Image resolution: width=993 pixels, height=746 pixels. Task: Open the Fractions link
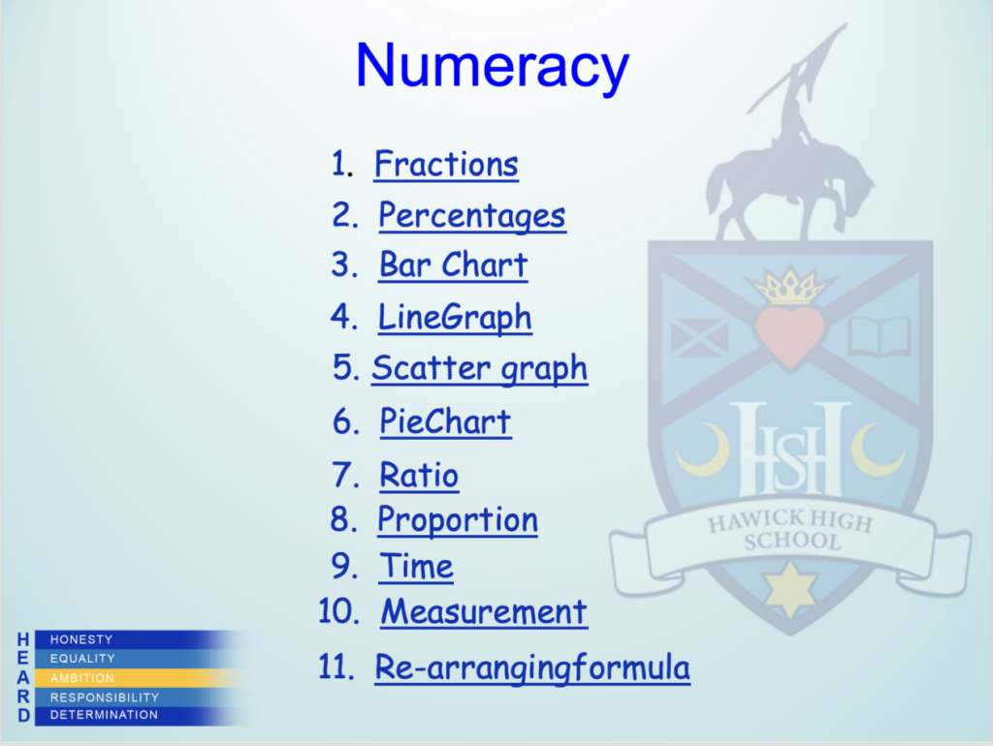coord(446,165)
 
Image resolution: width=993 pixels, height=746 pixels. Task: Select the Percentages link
coord(472,216)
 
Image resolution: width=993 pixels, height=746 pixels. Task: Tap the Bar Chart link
coord(453,264)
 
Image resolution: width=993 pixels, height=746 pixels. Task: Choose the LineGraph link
coord(455,318)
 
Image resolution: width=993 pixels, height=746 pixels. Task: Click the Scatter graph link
coord(479,369)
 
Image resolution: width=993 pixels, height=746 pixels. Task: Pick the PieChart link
coord(445,420)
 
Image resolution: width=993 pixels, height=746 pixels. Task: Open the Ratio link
coord(419,475)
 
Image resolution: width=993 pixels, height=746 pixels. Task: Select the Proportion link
coord(458,520)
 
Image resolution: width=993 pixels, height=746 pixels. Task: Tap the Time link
coord(416,566)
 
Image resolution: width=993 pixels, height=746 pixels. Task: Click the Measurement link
coord(484,612)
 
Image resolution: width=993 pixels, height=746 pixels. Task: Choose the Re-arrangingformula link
coord(532,668)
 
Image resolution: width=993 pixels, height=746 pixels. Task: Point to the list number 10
coord(338,611)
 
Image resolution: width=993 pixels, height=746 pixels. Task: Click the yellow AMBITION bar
coord(140,677)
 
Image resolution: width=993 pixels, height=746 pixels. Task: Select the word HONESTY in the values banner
coord(81,639)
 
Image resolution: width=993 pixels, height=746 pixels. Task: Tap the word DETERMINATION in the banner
coord(104,715)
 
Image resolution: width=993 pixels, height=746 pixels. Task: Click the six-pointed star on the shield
coord(789,588)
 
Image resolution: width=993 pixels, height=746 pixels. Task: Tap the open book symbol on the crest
coord(880,336)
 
